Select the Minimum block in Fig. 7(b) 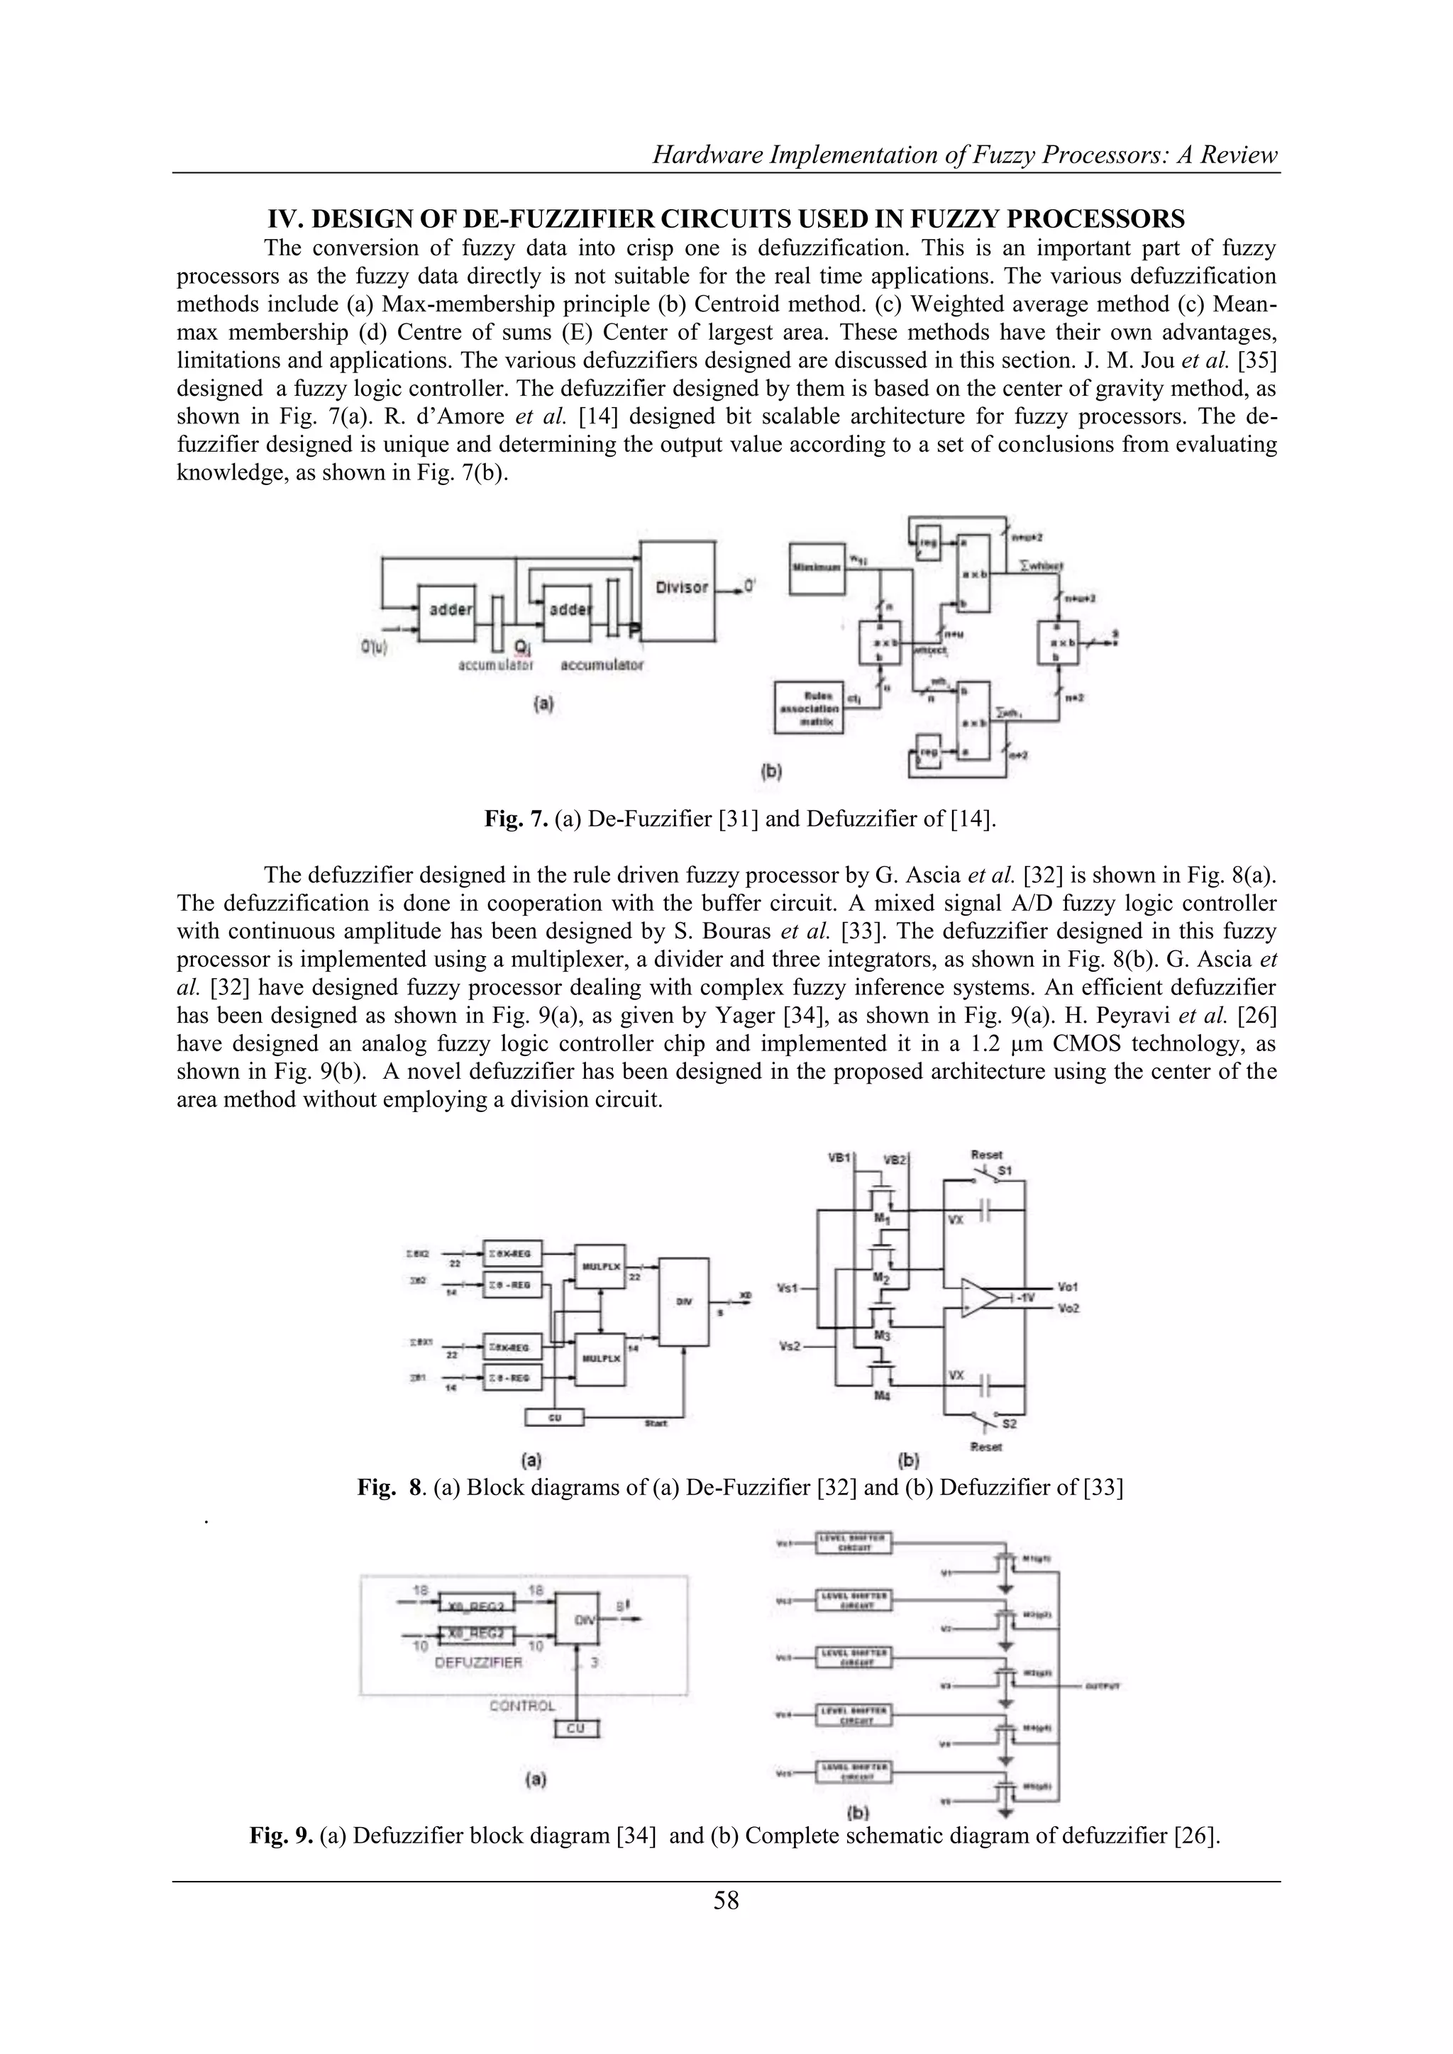tap(816, 569)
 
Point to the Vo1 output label tap(1067, 1287)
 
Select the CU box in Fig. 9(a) tap(576, 1728)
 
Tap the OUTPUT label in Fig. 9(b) tap(1103, 1687)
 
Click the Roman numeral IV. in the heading tap(284, 218)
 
